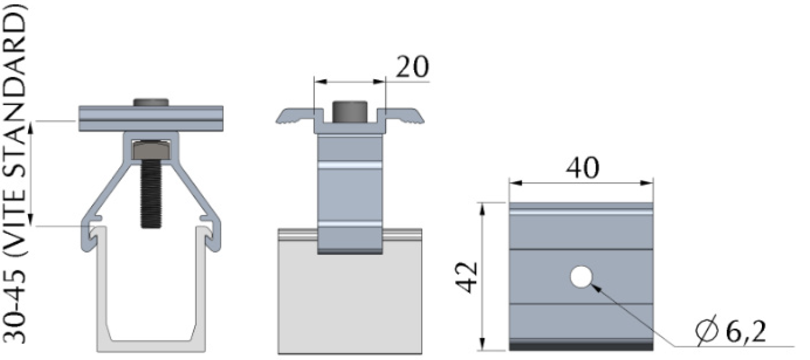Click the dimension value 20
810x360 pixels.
point(412,67)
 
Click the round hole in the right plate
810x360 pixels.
point(581,277)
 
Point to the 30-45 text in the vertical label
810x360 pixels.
point(16,305)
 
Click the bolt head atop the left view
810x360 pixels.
point(151,102)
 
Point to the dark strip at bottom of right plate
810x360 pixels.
point(582,345)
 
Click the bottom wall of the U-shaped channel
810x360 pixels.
point(151,345)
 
